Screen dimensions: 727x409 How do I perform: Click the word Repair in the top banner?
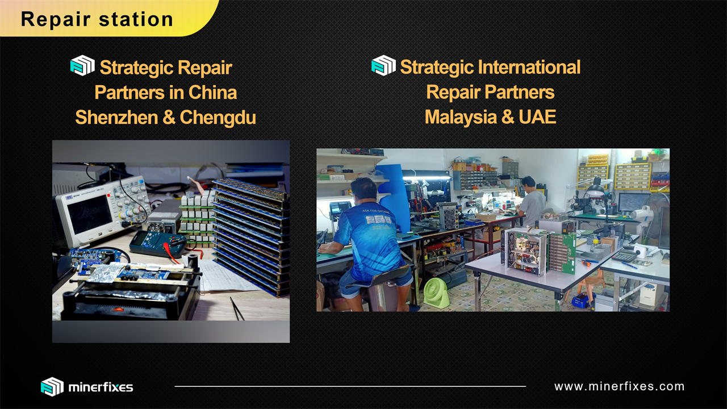(56, 19)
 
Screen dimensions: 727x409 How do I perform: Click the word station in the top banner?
(136, 19)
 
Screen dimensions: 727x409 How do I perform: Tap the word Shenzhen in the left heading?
(116, 117)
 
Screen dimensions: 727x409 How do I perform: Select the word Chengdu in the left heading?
(218, 117)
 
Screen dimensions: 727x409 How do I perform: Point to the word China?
(212, 92)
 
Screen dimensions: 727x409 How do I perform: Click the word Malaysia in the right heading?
(461, 117)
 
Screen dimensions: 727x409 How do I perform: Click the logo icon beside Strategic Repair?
(82, 65)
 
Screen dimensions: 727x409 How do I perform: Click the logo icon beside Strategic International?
(383, 65)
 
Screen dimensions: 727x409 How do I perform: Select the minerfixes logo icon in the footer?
(52, 387)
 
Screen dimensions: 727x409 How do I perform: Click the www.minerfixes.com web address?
(619, 386)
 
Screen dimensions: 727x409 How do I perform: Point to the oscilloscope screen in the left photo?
(90, 214)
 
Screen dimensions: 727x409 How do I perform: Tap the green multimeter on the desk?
(157, 244)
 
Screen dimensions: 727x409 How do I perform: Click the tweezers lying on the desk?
(237, 308)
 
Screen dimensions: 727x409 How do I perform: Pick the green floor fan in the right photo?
(437, 293)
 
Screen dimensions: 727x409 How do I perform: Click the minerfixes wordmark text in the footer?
(101, 387)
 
